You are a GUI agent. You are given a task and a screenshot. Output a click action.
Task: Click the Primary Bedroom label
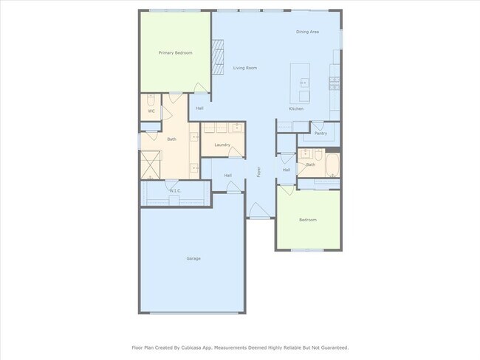175,53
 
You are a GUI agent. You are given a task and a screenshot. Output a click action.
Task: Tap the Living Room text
245,68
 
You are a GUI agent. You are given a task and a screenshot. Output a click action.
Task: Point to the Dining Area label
307,32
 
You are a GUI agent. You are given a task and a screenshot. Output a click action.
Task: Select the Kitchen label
296,108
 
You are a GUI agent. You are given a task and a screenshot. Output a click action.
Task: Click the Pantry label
320,134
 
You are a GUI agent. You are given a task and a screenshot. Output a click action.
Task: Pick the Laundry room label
222,145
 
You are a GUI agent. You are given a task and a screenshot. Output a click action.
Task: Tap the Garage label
193,258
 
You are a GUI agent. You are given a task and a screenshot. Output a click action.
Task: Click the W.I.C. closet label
175,191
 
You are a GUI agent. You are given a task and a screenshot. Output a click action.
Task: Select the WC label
151,111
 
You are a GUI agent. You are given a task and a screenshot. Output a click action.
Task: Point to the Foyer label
259,172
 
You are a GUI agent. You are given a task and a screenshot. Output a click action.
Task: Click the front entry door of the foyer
258,212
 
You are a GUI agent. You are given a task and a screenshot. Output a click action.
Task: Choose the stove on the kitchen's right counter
334,82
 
